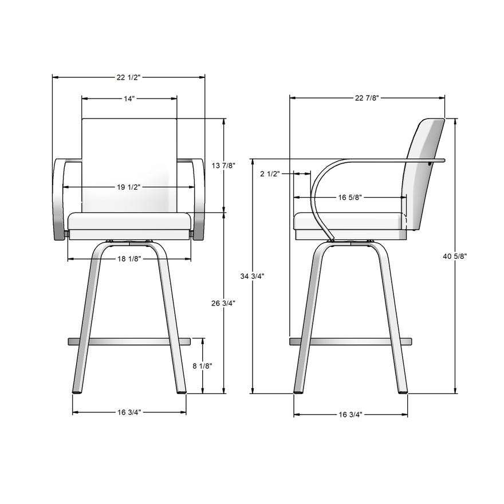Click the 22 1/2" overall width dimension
(x=129, y=76)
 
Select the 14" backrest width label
(x=129, y=99)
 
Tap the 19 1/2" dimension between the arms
(x=129, y=187)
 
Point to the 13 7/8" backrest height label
(x=224, y=166)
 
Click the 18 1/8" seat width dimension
(x=129, y=259)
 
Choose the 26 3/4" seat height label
(x=224, y=303)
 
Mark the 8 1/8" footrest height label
(x=203, y=365)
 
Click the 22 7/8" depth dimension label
(x=367, y=98)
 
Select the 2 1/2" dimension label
(x=270, y=174)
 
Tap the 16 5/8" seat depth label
(x=349, y=198)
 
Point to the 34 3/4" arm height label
(x=253, y=275)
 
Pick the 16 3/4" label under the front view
(x=129, y=412)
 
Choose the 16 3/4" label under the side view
(x=351, y=414)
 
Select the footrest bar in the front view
(x=129, y=342)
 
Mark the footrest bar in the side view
(x=351, y=342)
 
